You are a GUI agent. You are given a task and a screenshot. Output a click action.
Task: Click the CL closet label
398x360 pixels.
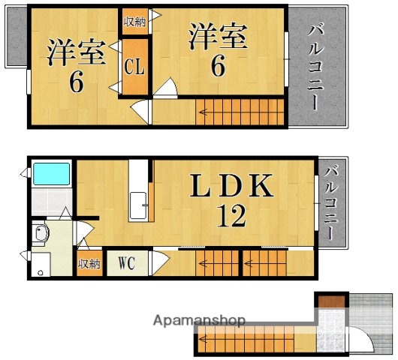click(x=134, y=67)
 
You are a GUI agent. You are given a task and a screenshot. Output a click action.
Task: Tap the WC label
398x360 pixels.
click(x=126, y=263)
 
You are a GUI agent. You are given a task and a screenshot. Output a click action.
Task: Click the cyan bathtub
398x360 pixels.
click(x=51, y=175)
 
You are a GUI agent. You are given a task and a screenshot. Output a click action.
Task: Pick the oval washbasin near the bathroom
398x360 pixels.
click(x=41, y=235)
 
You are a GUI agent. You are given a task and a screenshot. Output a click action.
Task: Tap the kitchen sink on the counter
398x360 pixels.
click(x=139, y=205)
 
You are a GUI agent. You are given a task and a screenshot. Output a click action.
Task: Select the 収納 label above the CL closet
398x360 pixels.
click(x=134, y=21)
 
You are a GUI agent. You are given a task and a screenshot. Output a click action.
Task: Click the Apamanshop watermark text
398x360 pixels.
click(x=200, y=321)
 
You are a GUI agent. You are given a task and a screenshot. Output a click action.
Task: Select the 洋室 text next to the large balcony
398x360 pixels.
click(x=218, y=36)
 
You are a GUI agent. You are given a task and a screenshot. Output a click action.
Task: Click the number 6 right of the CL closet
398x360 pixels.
click(x=217, y=67)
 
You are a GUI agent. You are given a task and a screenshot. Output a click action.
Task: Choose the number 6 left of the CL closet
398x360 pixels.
click(x=76, y=82)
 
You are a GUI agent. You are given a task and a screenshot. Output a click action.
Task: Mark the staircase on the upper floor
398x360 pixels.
click(x=240, y=115)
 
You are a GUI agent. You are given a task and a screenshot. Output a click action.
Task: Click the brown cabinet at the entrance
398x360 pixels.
click(x=329, y=301)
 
